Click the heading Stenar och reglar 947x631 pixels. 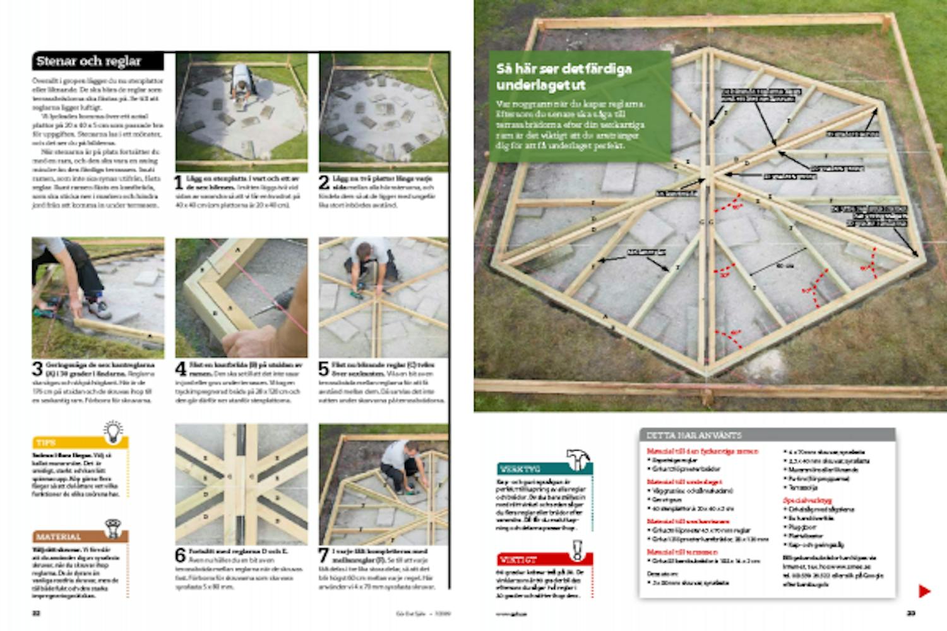(x=88, y=61)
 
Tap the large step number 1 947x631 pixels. (x=179, y=183)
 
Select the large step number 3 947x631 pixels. (x=37, y=369)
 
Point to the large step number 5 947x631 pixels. (x=324, y=369)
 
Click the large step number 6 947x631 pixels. (x=180, y=555)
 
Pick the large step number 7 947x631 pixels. (x=324, y=555)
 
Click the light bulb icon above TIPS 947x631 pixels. (x=113, y=432)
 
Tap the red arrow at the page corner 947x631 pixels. (x=924, y=591)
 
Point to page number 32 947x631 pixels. (x=37, y=613)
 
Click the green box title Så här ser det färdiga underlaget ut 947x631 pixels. (x=564, y=76)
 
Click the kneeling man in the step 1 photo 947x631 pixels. (x=241, y=85)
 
